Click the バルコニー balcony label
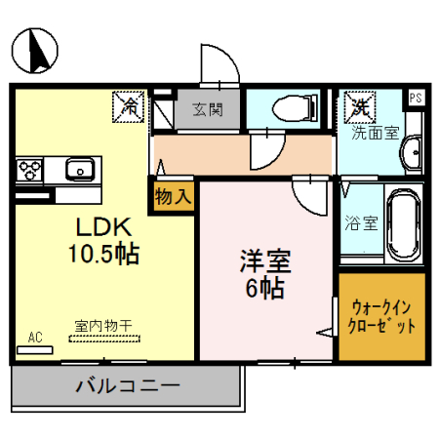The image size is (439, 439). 127,386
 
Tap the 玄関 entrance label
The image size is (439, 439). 206,108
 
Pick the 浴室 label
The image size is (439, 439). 362,223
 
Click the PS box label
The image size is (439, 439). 416,97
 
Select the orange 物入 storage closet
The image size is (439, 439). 174,196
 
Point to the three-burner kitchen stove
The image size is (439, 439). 30,170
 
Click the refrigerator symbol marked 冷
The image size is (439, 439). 128,106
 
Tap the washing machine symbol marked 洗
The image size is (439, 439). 360,106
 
